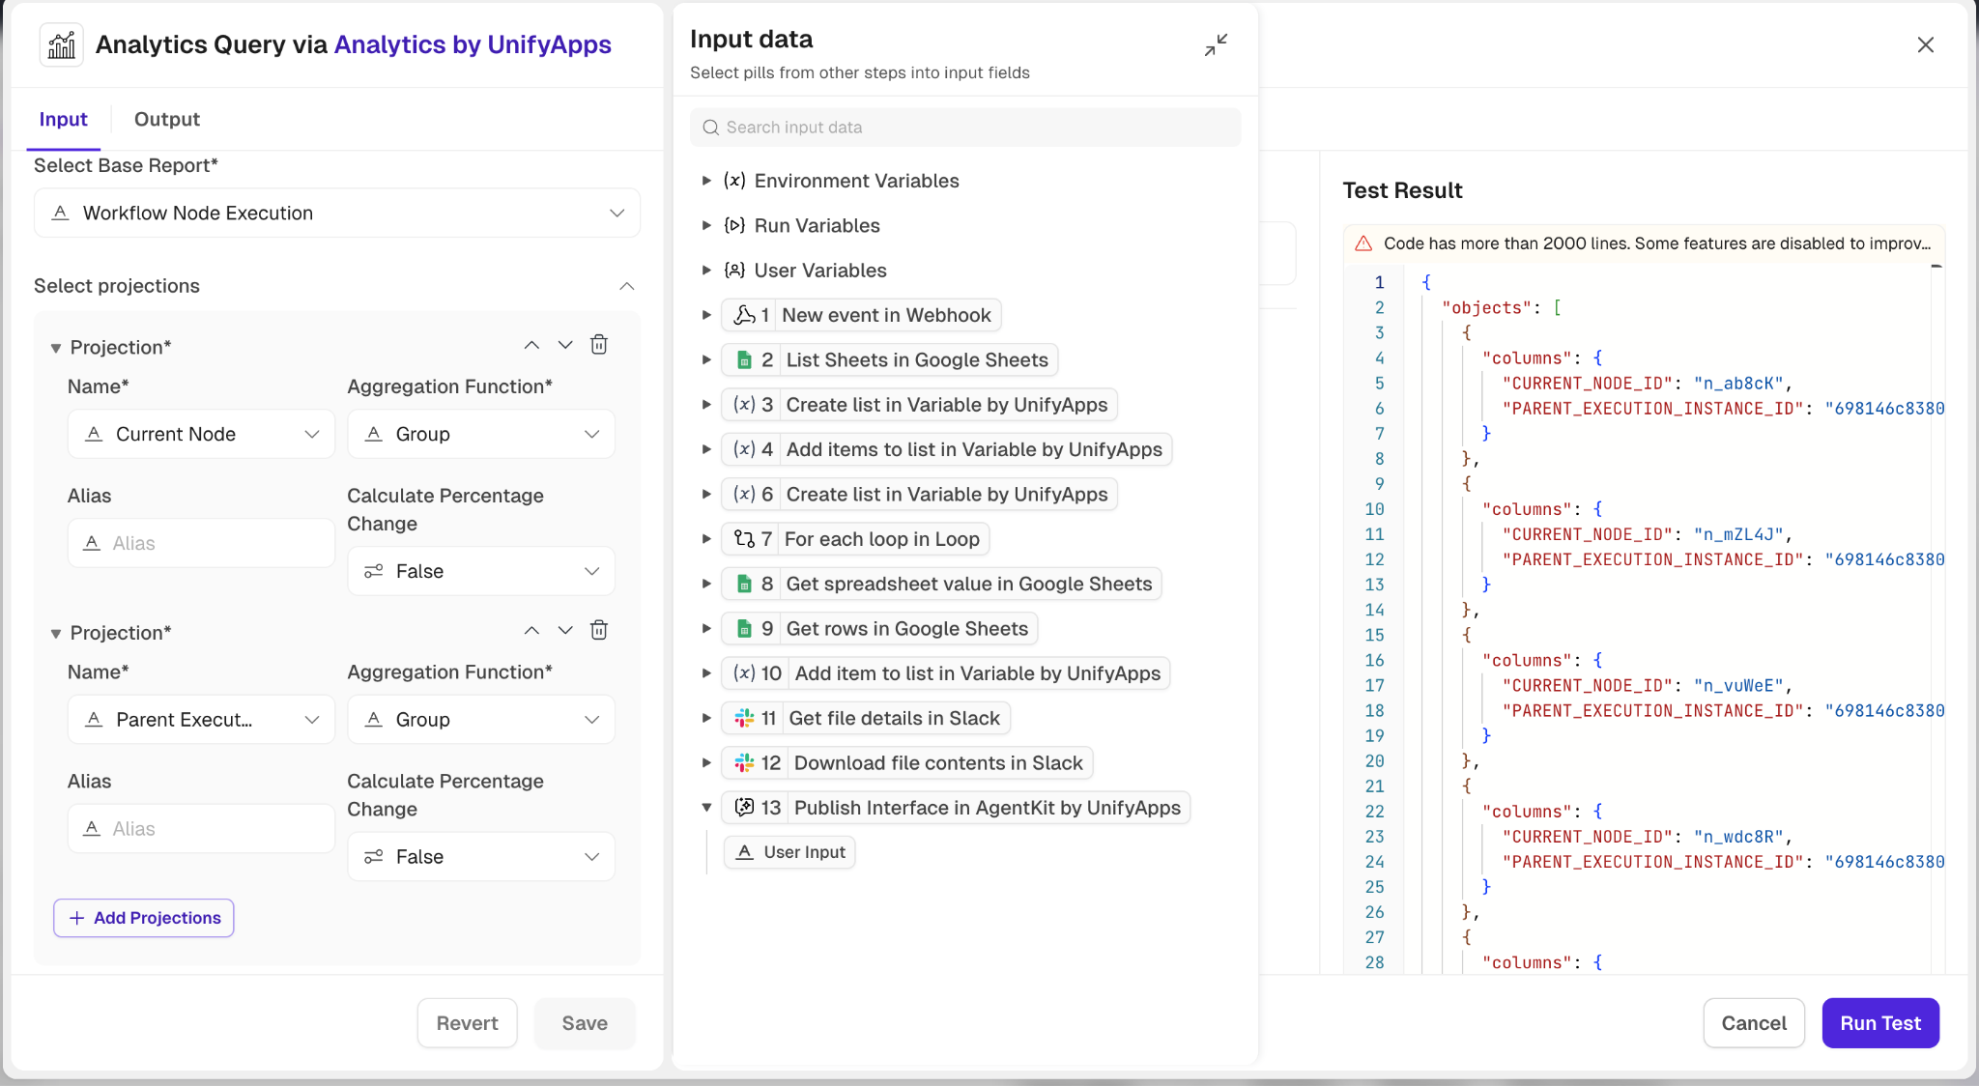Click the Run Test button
pyautogui.click(x=1880, y=1023)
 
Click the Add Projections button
pyautogui.click(x=144, y=918)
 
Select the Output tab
pyautogui.click(x=167, y=119)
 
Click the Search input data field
pyautogui.click(x=965, y=128)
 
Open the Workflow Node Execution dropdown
pyautogui.click(x=337, y=213)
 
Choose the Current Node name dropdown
pyautogui.click(x=201, y=434)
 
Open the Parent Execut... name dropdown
pyautogui.click(x=201, y=720)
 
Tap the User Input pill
pyautogui.click(x=789, y=852)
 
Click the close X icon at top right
pyautogui.click(x=1926, y=44)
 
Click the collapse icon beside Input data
pyautogui.click(x=1217, y=44)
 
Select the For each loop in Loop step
pyautogui.click(x=855, y=539)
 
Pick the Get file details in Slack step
pyautogui.click(x=866, y=718)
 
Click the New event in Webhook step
pyautogui.click(x=861, y=315)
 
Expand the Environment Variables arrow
pyautogui.click(x=706, y=181)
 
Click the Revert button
pyautogui.click(x=468, y=1023)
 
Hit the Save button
pyautogui.click(x=585, y=1023)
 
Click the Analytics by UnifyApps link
pyautogui.click(x=473, y=44)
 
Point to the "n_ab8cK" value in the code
pyautogui.click(x=1738, y=384)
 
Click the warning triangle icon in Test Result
pyautogui.click(x=1363, y=243)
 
